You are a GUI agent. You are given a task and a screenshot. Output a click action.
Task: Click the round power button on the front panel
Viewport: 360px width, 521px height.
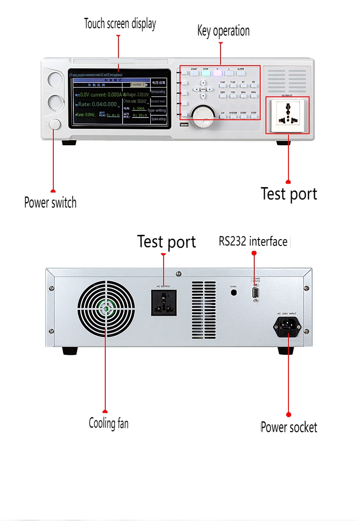pos(55,124)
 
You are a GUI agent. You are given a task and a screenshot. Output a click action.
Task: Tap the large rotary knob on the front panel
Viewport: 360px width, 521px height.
pos(203,116)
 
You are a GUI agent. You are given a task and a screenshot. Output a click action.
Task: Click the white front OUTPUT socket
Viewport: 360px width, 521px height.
pos(288,115)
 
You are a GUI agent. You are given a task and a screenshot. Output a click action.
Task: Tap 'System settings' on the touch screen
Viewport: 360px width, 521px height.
pos(159,119)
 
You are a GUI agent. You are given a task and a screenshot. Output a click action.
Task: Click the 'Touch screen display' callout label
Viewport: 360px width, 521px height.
pos(120,24)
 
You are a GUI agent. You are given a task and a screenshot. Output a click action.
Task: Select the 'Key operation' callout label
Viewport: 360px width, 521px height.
pos(223,31)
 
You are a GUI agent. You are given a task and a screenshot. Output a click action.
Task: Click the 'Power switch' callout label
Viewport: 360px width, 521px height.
pos(50,202)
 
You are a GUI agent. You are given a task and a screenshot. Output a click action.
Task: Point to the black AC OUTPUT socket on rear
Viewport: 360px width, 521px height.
pos(164,303)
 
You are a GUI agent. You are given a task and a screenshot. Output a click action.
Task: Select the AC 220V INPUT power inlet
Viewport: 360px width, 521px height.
pos(287,326)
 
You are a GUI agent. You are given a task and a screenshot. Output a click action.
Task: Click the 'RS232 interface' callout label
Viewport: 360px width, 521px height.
pos(253,241)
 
